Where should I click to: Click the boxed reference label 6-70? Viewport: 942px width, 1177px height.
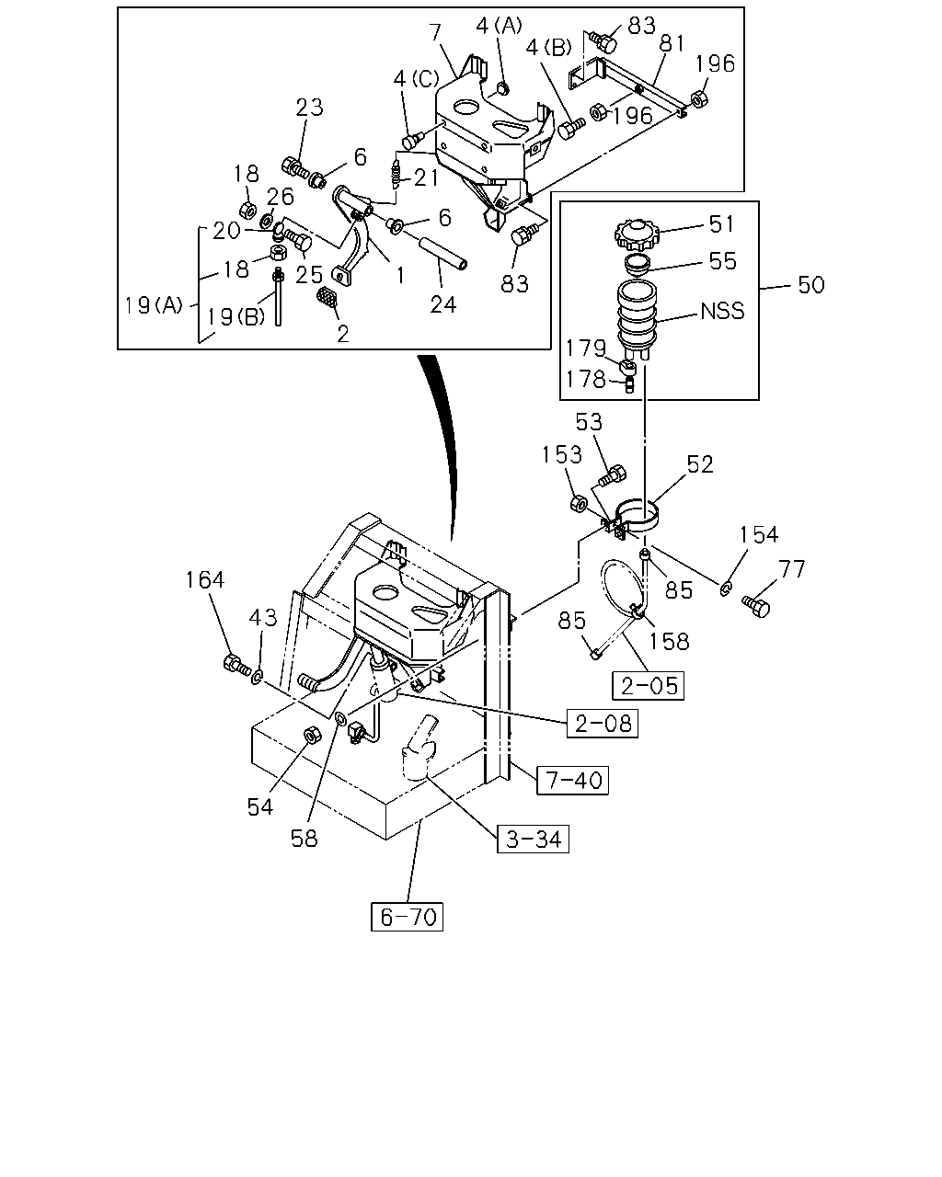click(407, 916)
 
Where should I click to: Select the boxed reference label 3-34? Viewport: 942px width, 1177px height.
click(533, 839)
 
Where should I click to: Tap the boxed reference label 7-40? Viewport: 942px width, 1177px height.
click(572, 780)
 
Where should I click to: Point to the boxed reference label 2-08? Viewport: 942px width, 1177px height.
click(602, 723)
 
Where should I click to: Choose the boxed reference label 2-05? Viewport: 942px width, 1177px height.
click(648, 685)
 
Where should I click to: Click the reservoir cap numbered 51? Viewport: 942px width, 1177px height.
click(638, 234)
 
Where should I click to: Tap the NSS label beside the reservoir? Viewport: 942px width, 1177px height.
click(722, 311)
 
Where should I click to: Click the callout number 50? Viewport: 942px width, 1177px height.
click(810, 285)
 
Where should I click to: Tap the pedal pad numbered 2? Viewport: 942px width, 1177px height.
click(327, 299)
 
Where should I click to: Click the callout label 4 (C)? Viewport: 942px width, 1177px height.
click(416, 79)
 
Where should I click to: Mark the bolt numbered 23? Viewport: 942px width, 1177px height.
click(295, 166)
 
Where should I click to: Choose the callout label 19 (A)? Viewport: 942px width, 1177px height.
click(154, 305)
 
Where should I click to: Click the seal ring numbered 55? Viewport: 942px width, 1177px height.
click(638, 264)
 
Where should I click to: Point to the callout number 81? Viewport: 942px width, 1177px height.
click(672, 44)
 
